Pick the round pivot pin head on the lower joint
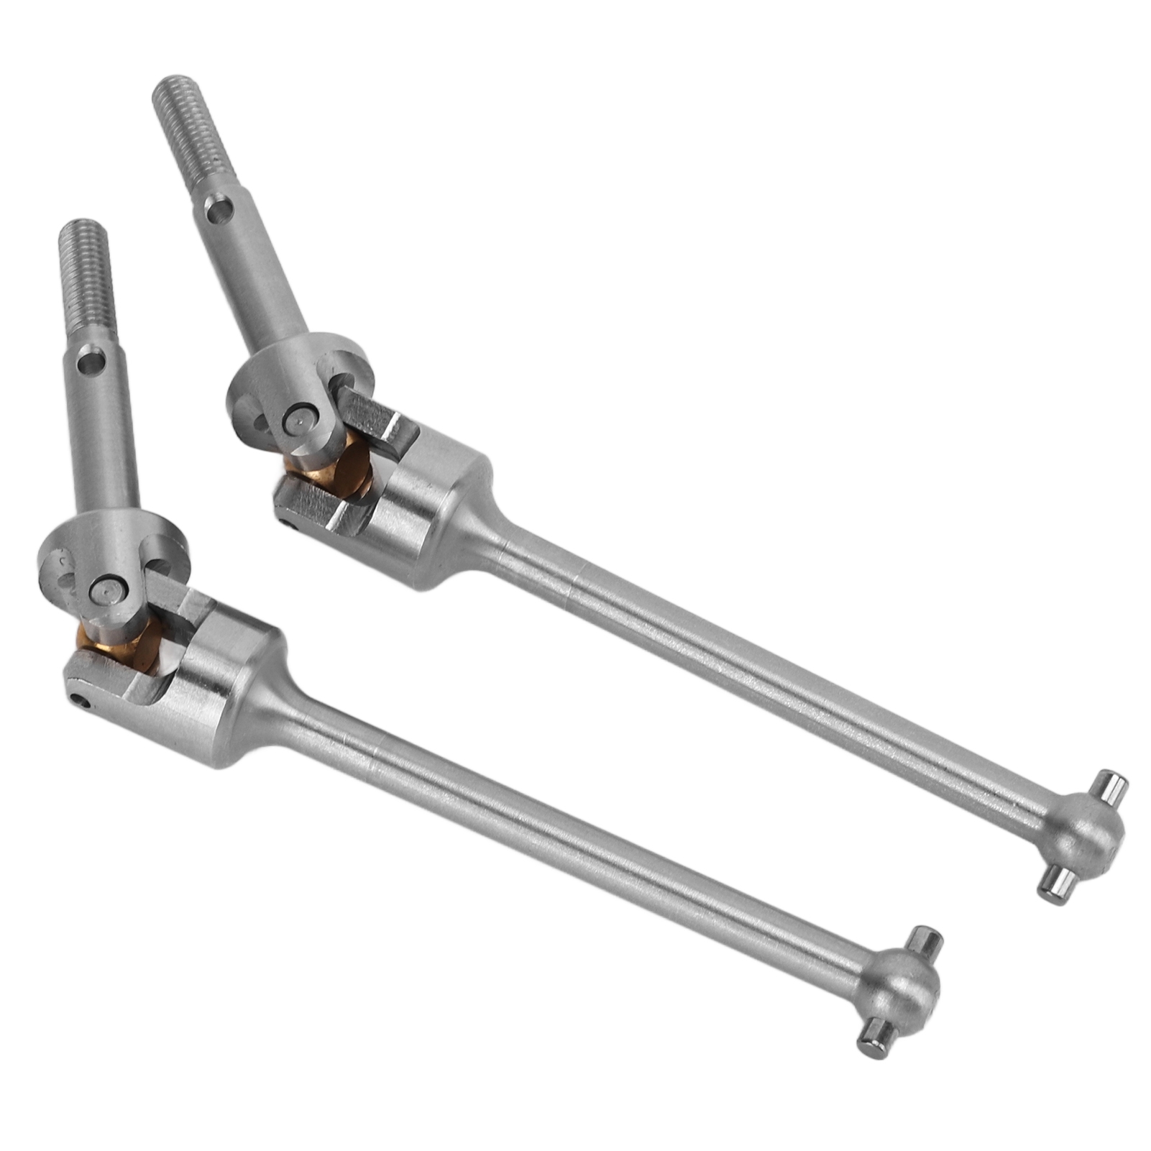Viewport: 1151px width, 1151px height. pyautogui.click(x=105, y=591)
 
